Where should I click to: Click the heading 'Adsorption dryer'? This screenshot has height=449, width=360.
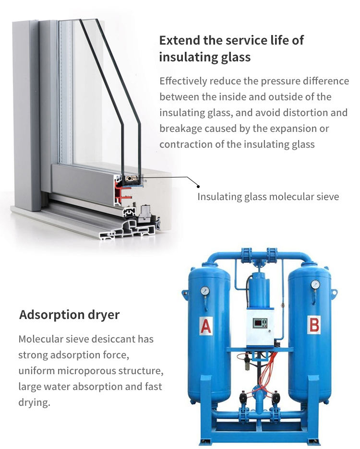click(69, 315)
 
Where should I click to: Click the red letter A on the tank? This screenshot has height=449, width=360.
click(206, 327)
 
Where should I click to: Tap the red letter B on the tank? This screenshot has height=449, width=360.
click(314, 325)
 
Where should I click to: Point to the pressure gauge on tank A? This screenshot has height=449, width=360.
click(205, 290)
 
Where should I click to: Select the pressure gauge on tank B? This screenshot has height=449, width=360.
click(315, 284)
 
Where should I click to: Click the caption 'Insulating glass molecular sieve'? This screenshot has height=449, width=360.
click(268, 197)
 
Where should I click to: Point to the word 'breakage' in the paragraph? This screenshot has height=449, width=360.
click(180, 129)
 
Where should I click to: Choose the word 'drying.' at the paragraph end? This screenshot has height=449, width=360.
click(34, 402)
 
